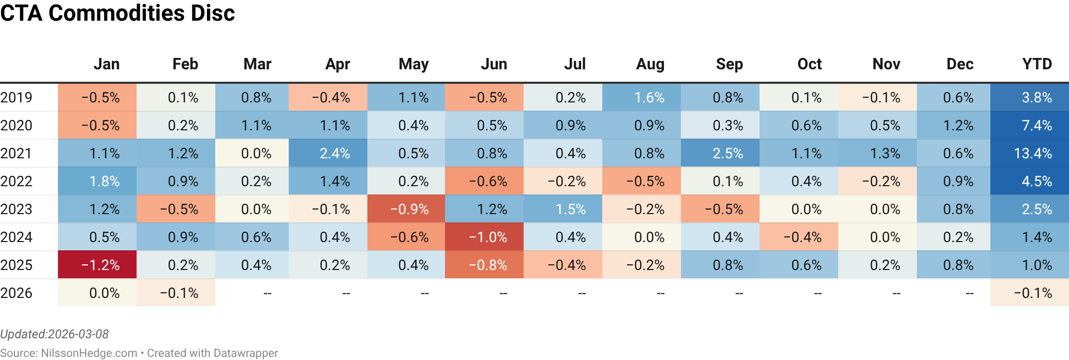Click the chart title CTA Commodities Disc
coord(117,13)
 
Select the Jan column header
coord(107,64)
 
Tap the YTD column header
coord(1037,64)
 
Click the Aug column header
coord(650,64)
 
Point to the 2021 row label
coord(17,154)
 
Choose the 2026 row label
coord(17,293)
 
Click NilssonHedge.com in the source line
coord(89,353)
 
